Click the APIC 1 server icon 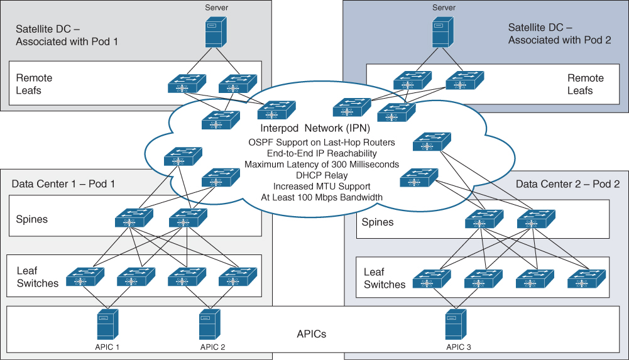[x=107, y=324]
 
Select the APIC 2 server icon [x=209, y=324]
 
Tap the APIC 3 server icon [x=455, y=324]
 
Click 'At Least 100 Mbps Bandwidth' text [x=321, y=197]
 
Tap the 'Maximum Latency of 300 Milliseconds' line [x=321, y=165]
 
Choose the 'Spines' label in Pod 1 [x=32, y=219]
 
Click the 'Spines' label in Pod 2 [x=378, y=222]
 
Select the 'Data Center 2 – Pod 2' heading [x=567, y=184]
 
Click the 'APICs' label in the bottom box [x=312, y=334]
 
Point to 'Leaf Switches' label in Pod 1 [x=37, y=277]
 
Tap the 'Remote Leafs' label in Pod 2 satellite [x=585, y=84]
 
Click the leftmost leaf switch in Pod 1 [x=85, y=277]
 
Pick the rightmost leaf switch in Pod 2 [x=586, y=279]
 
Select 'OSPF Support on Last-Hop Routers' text [x=321, y=143]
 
